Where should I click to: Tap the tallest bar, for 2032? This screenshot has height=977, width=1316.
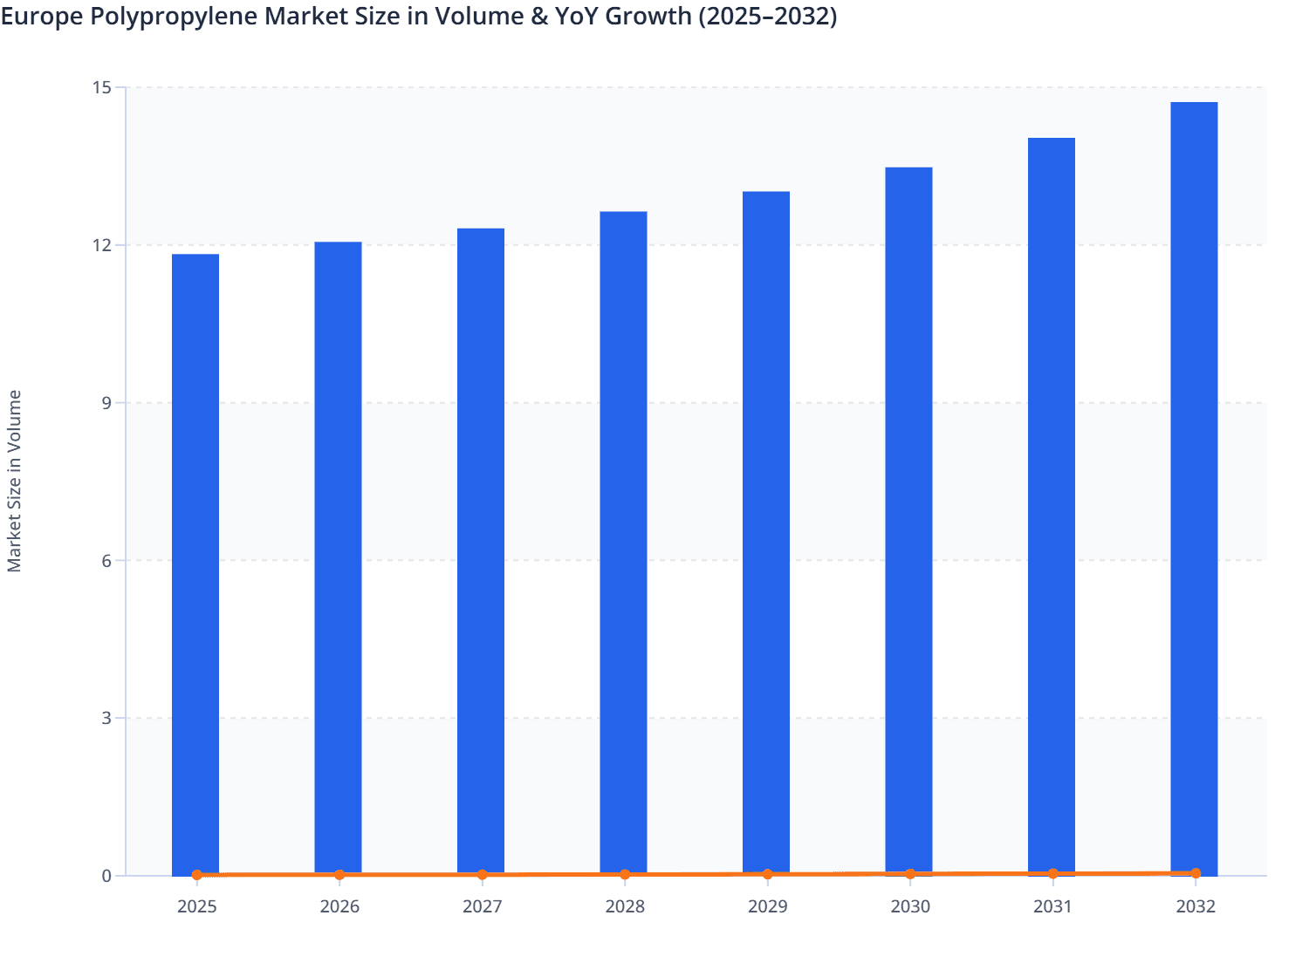1194,488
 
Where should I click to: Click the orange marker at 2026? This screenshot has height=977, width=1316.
339,874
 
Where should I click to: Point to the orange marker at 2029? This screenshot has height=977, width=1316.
767,874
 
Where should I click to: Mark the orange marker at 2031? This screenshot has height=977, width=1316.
1052,873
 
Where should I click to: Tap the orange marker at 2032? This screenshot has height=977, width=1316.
1195,873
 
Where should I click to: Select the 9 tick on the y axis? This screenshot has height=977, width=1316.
106,403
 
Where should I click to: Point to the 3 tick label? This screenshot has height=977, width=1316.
106,719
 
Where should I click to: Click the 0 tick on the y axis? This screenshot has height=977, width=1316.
106,876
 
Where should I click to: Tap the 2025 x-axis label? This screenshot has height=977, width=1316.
197,907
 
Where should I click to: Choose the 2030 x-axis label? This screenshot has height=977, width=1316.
910,907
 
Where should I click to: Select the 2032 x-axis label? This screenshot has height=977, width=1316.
1195,907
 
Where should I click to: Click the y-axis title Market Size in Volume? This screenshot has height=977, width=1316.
14,481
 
